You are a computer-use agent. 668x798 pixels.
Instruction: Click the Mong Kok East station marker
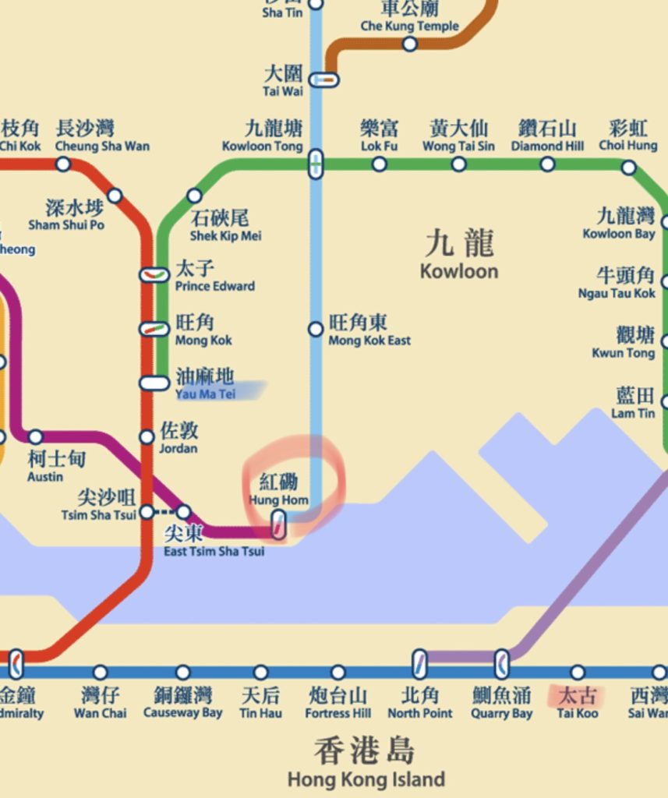(x=316, y=330)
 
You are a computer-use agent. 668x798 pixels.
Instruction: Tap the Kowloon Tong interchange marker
(x=316, y=164)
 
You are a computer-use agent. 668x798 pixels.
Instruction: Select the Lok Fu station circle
(x=380, y=164)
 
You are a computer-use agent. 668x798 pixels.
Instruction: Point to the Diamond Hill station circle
(x=548, y=164)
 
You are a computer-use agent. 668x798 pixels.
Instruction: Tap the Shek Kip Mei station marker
(x=195, y=196)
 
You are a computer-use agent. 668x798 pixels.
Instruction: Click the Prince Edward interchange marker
(x=154, y=274)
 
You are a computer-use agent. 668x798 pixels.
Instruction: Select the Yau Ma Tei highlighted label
(x=207, y=386)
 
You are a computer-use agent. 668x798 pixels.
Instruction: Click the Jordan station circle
(x=147, y=437)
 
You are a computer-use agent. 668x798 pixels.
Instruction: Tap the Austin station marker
(x=35, y=437)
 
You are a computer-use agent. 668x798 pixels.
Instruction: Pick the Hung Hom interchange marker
(x=277, y=524)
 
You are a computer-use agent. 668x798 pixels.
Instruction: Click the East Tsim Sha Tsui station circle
(x=183, y=512)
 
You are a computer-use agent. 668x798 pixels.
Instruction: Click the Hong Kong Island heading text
(x=366, y=764)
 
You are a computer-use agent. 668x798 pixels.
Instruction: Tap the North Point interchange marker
(x=419, y=664)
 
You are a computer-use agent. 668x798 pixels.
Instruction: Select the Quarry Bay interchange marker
(x=503, y=664)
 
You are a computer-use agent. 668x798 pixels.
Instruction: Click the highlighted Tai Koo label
(x=577, y=701)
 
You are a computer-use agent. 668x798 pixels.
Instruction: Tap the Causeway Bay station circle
(x=182, y=673)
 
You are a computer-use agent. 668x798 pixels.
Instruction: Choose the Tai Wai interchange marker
(x=324, y=79)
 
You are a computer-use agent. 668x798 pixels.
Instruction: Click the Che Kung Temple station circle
(x=410, y=44)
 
